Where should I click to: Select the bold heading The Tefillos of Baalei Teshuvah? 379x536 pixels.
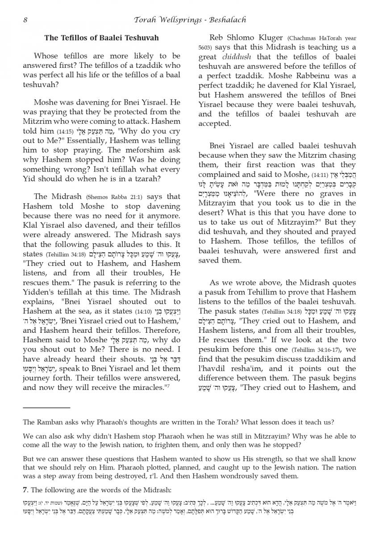tap(101, 38)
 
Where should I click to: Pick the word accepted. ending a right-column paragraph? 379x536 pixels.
tap(214, 124)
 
